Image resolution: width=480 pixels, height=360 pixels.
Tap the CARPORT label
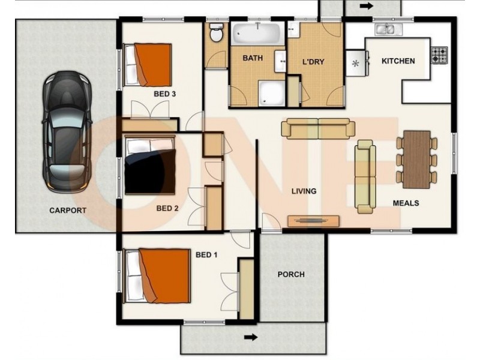(x=67, y=211)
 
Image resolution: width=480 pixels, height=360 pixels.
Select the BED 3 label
(x=164, y=94)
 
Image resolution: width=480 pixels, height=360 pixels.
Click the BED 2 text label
(x=167, y=209)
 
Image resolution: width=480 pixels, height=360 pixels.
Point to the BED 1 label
(x=206, y=255)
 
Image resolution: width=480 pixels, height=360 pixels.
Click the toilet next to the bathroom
(x=216, y=35)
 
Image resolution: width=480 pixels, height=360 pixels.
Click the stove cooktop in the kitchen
(x=439, y=55)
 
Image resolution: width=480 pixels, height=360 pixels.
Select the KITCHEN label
(x=398, y=61)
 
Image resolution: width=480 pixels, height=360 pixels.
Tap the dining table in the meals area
(x=416, y=158)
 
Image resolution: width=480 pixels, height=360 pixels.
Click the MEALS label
(x=406, y=203)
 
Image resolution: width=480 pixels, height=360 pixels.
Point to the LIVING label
(x=304, y=191)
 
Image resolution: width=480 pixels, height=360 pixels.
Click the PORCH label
(x=291, y=275)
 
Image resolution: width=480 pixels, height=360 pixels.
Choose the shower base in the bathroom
(x=272, y=93)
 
